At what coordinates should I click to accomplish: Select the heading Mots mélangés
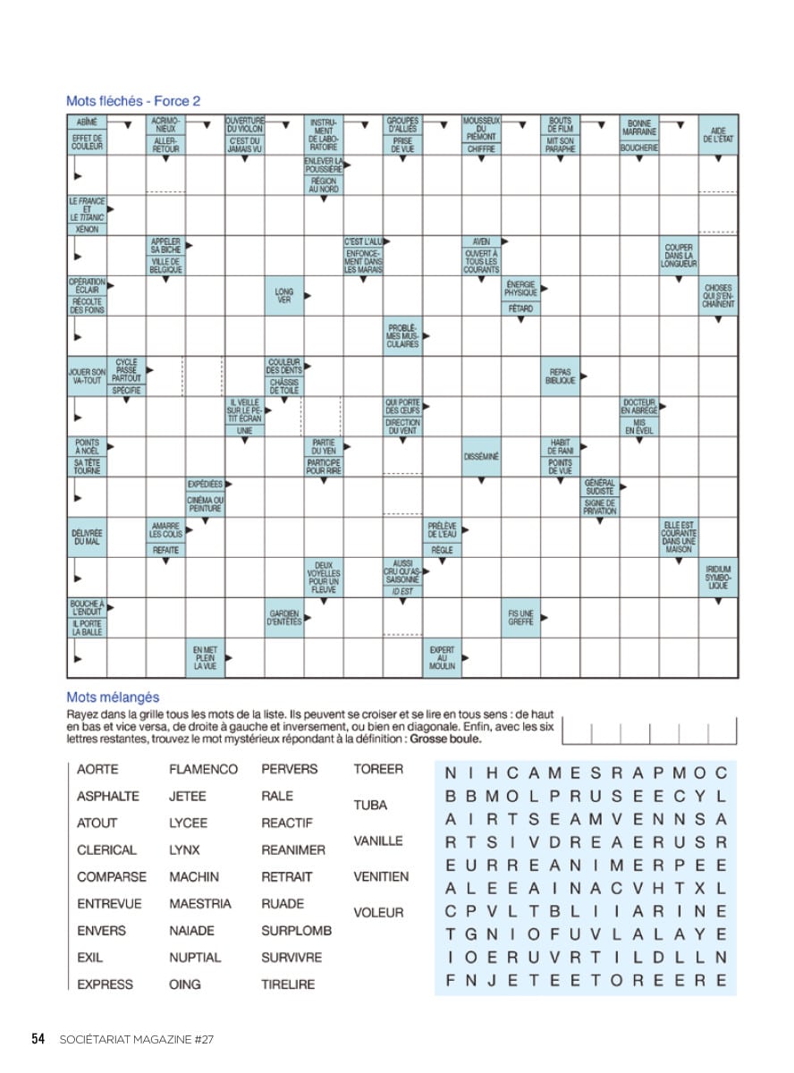click(113, 697)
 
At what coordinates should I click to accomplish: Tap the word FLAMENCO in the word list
click(203, 769)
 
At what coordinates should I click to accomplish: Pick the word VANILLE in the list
click(378, 841)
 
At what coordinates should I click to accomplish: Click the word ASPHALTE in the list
click(108, 796)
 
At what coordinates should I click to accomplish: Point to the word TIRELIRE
click(288, 984)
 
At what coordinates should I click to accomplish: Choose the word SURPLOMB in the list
click(296, 931)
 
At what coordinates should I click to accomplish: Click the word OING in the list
click(185, 984)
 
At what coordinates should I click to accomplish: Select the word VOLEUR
click(378, 913)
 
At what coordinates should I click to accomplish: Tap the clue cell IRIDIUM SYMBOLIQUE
click(718, 578)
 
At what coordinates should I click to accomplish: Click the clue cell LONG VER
click(284, 296)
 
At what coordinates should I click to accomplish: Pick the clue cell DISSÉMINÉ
click(482, 457)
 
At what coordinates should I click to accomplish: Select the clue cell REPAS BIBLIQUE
click(561, 376)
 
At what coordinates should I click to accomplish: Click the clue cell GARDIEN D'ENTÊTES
click(284, 618)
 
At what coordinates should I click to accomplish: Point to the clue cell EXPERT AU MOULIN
click(442, 658)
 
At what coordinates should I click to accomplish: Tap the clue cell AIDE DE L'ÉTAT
click(718, 135)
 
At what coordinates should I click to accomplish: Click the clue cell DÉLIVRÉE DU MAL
click(87, 537)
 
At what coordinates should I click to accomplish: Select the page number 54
click(38, 1039)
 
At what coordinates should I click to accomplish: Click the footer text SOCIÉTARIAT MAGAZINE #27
click(136, 1039)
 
